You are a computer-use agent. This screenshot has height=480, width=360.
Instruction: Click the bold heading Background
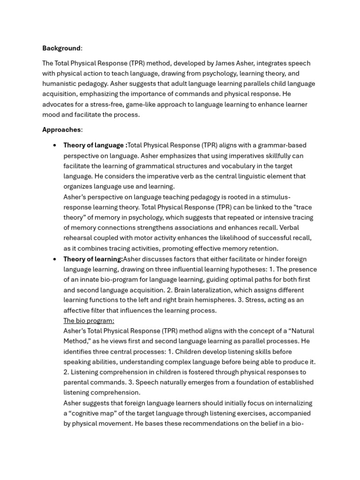(61, 48)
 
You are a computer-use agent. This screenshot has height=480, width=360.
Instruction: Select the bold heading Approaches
(61, 129)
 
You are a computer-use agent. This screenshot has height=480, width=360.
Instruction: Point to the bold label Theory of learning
(93, 259)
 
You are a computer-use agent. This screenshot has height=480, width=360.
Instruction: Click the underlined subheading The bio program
(89, 321)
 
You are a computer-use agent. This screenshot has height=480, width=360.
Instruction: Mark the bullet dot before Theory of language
(55, 145)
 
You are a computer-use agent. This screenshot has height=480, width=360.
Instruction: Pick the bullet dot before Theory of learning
(55, 259)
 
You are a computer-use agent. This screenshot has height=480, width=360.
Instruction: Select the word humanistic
(61, 84)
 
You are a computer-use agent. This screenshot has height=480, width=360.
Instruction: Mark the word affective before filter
(77, 310)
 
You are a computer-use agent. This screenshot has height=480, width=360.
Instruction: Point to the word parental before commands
(76, 382)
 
